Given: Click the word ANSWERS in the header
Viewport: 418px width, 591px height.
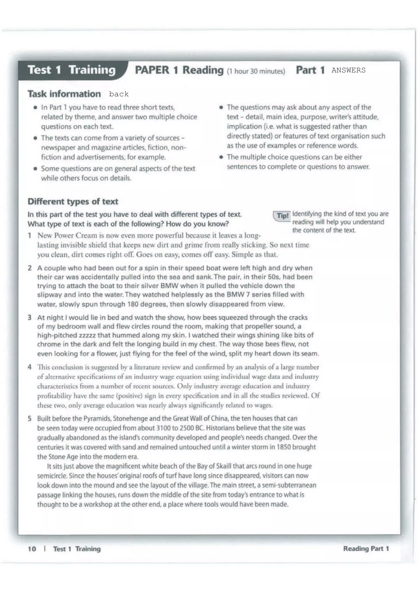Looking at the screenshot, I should (x=348, y=70).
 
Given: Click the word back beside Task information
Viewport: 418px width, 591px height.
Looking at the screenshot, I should (x=119, y=94).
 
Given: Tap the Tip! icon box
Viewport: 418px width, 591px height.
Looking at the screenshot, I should (x=282, y=216).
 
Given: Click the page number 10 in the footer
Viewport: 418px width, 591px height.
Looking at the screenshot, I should (x=32, y=549).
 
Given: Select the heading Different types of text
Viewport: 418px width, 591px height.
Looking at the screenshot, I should (x=73, y=201).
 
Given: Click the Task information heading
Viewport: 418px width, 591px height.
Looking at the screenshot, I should (x=64, y=94).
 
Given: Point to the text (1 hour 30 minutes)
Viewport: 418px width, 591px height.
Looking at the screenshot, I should (x=256, y=71).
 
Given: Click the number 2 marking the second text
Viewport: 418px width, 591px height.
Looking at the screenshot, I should (x=30, y=268).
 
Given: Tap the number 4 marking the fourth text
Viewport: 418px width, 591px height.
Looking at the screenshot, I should (x=30, y=367).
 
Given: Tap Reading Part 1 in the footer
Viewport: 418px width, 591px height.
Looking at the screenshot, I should (x=366, y=549).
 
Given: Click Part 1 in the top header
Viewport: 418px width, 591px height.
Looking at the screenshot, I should (x=310, y=70).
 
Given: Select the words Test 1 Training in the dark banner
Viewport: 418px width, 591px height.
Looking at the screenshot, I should (x=72, y=70).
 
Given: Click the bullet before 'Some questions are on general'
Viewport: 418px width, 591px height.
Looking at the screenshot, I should (x=35, y=169).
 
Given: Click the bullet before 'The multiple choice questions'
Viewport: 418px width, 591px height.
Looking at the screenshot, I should (x=221, y=157).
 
